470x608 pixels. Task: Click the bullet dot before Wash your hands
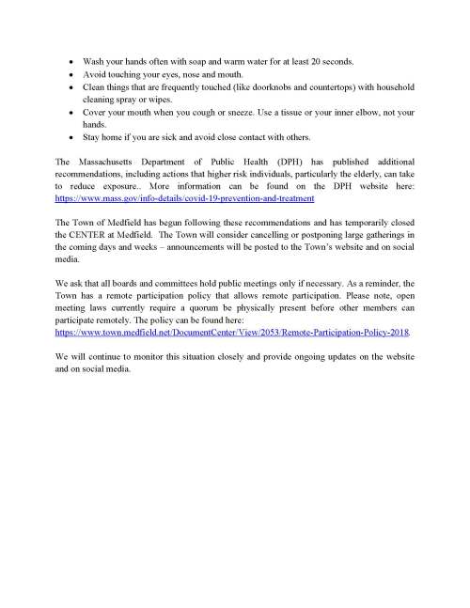[71, 61]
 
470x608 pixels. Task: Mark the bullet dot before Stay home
[71, 135]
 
